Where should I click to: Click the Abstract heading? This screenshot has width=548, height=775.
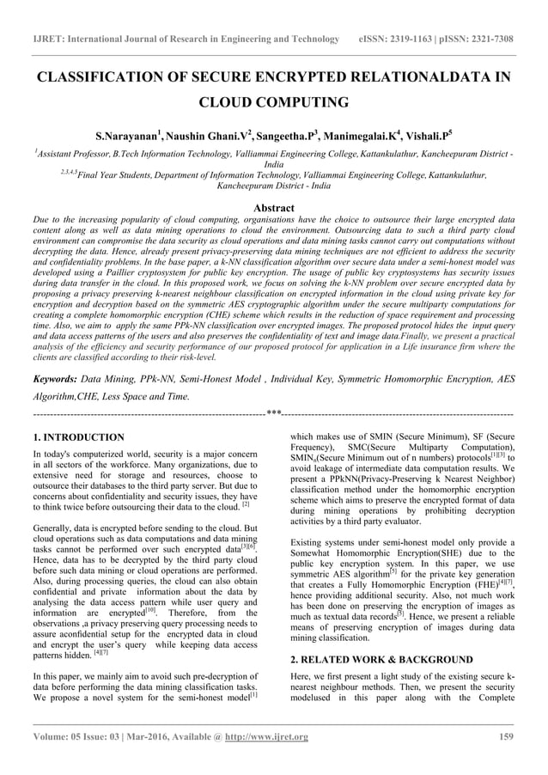pos(274,207)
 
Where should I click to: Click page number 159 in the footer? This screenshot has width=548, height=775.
pos(506,737)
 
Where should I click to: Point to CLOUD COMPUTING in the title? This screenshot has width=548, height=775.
pos(274,103)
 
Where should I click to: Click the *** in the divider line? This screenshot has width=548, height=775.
pos(275,414)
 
